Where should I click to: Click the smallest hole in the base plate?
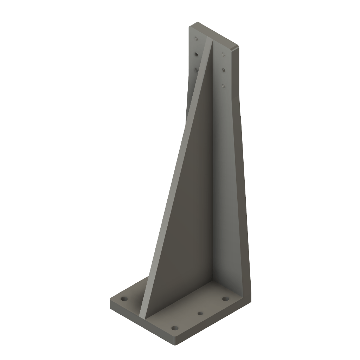[200, 313]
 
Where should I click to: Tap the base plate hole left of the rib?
[124, 299]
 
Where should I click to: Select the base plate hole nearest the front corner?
[174, 328]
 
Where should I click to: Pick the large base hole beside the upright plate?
[225, 299]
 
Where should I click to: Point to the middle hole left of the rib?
[196, 54]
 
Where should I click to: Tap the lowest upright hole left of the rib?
[196, 70]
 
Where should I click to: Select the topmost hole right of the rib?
[223, 54]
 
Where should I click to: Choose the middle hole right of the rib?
[223, 70]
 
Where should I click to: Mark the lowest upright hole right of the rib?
[223, 85]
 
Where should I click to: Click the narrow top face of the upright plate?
[214, 35]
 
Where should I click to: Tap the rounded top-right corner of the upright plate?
[238, 47]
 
